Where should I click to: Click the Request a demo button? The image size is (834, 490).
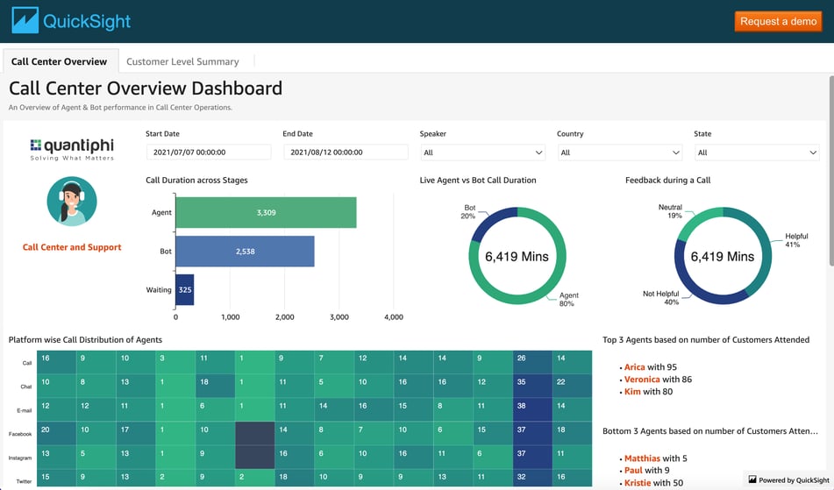coord(778,21)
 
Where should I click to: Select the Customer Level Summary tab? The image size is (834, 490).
coord(182,61)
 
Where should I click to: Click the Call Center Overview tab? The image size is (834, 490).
coord(59,61)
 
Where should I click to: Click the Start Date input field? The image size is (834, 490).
coord(209,153)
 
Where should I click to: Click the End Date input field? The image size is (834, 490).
coord(346,153)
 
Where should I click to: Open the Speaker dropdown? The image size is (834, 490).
coord(483,153)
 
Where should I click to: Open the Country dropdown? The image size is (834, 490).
coord(619,153)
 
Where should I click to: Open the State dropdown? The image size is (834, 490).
coord(757,153)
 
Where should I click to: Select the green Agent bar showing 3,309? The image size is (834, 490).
coord(266,212)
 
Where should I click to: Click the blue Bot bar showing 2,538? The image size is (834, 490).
coord(245,252)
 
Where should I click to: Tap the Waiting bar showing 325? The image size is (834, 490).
coord(184,289)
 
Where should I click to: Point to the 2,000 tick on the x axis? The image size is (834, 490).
coord(284,317)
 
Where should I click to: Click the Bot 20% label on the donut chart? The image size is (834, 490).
coord(468,212)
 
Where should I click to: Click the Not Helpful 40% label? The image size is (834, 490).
coord(660,298)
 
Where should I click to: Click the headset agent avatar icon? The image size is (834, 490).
coord(72,202)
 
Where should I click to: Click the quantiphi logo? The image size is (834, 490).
coord(72,149)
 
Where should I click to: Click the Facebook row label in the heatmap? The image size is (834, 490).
coord(20,434)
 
